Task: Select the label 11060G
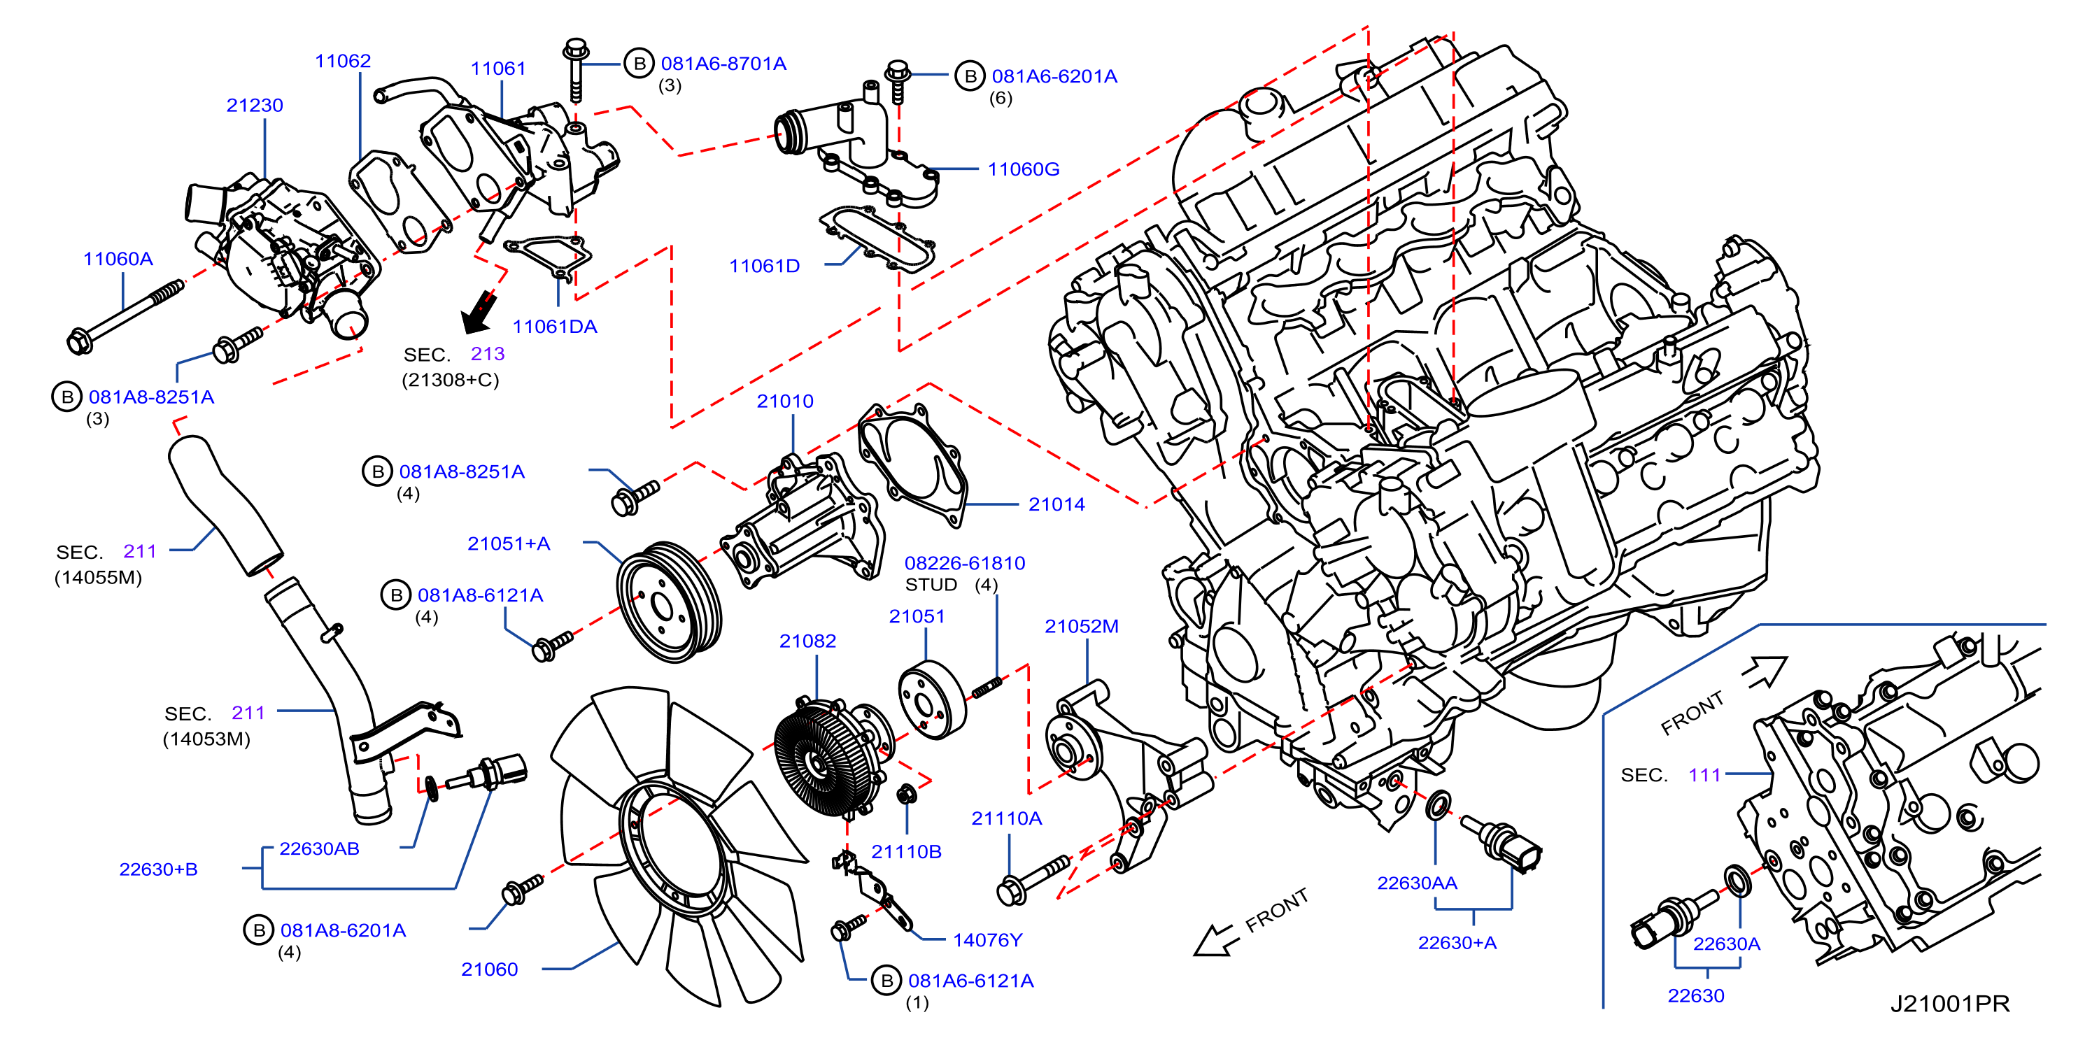[1024, 169]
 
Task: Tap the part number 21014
[1056, 504]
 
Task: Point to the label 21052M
[1081, 626]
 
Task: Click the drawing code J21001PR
[1950, 1003]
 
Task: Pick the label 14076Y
[987, 939]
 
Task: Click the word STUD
[931, 584]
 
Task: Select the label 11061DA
[554, 326]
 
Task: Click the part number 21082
[807, 641]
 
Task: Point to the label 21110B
[906, 851]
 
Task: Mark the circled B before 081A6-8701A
[639, 64]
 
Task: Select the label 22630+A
[1457, 943]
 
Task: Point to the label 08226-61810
[965, 562]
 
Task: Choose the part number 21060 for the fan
[489, 969]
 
